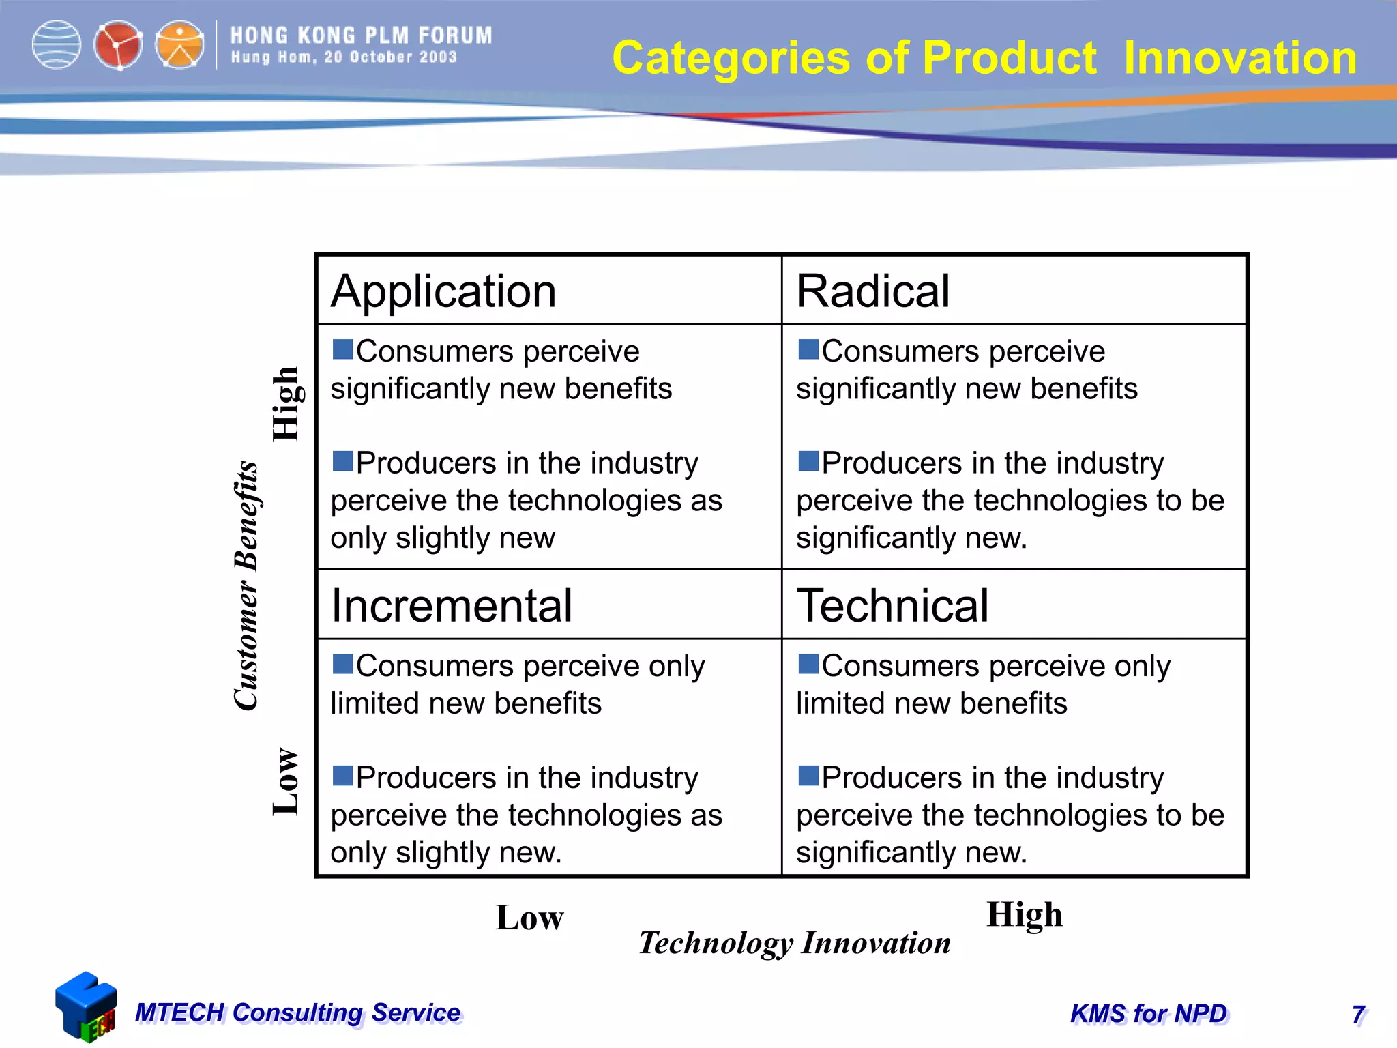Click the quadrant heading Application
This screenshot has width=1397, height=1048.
click(x=443, y=291)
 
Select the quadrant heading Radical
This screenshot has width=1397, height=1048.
click(x=872, y=291)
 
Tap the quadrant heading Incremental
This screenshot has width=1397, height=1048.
click(x=451, y=605)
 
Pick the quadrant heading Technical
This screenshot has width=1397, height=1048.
click(x=892, y=605)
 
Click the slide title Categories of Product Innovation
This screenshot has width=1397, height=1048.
click(x=984, y=57)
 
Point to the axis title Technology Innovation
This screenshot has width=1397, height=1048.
click(x=795, y=943)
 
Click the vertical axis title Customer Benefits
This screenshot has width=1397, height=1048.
click(x=246, y=585)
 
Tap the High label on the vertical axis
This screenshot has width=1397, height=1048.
click(x=285, y=404)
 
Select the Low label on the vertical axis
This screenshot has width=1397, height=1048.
click(x=285, y=781)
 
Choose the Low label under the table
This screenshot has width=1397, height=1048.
click(x=529, y=917)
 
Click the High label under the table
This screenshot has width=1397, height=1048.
click(x=1024, y=915)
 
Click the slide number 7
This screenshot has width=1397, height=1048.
click(x=1358, y=1015)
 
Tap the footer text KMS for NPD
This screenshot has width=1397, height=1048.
click(x=1149, y=1014)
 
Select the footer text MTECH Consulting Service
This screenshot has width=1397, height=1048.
click(x=298, y=1013)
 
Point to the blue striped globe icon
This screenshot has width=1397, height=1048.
click(x=57, y=45)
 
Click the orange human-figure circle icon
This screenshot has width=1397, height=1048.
click(x=179, y=45)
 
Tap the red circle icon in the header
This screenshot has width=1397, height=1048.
click(x=118, y=45)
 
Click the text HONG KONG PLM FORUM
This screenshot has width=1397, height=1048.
click(x=361, y=35)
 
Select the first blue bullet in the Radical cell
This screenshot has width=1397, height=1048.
click(x=808, y=349)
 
